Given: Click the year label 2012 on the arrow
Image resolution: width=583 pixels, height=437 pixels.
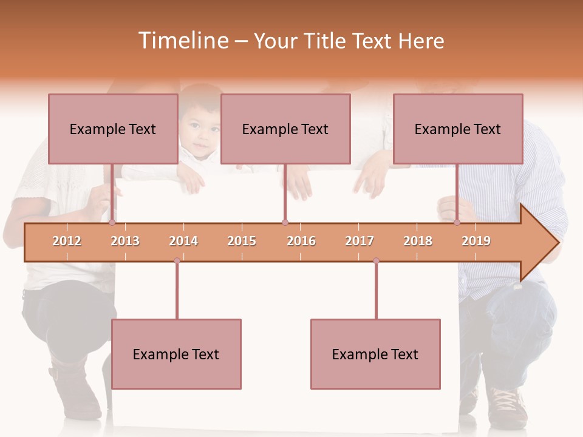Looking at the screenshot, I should pos(67,241).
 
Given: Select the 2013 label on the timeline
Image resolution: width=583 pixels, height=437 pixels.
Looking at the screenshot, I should pos(125,241).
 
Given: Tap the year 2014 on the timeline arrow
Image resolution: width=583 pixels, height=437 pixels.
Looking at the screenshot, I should pos(183,241).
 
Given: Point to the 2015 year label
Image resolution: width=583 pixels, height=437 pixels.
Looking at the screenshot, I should pos(242,241).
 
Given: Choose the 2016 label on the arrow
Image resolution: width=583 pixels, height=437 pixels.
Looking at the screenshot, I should pos(301,241).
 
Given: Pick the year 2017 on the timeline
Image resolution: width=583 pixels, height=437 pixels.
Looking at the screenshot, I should pos(360,241).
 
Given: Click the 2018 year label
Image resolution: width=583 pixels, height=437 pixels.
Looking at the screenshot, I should pos(418,241).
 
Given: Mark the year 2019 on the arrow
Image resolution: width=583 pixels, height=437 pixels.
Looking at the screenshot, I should pos(476,241).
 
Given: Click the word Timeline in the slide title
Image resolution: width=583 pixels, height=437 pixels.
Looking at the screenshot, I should pos(182,41).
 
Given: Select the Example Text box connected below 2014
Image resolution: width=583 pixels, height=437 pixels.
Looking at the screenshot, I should pos(176,354).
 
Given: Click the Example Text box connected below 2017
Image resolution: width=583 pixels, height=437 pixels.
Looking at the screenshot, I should pos(375,354).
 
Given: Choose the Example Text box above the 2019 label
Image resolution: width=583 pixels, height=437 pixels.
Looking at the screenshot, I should pos(458,129).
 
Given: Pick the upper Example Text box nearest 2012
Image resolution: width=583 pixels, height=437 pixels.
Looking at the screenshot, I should pos(113,129).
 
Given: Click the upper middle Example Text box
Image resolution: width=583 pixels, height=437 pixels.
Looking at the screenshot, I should pos(285,129).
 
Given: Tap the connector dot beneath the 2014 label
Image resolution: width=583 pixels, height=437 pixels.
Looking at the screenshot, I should pos(177,261).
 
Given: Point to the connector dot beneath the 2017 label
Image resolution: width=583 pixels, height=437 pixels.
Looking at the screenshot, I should pos(376,261).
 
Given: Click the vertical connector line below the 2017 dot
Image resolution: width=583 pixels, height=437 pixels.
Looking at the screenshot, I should pos(376,291).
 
